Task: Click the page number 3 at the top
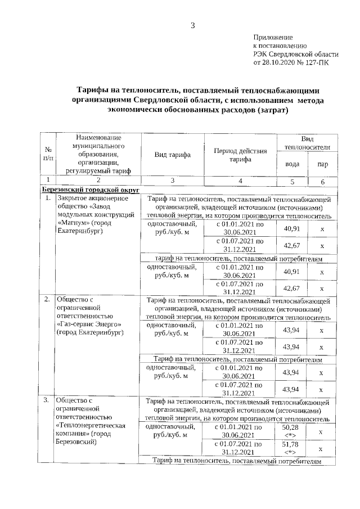pyautogui.click(x=192, y=25)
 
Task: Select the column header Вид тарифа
pyautogui.click(x=173, y=155)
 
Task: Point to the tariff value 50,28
pyautogui.click(x=290, y=428)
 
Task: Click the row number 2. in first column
pyautogui.click(x=47, y=299)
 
